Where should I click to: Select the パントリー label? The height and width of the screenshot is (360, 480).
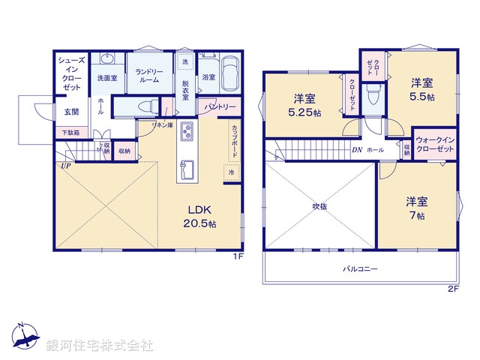(220, 107)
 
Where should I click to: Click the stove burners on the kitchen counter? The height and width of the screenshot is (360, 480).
(187, 133)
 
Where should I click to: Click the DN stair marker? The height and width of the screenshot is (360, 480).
(357, 150)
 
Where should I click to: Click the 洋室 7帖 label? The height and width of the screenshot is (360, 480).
(417, 208)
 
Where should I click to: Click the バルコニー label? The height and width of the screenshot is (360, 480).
(360, 268)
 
